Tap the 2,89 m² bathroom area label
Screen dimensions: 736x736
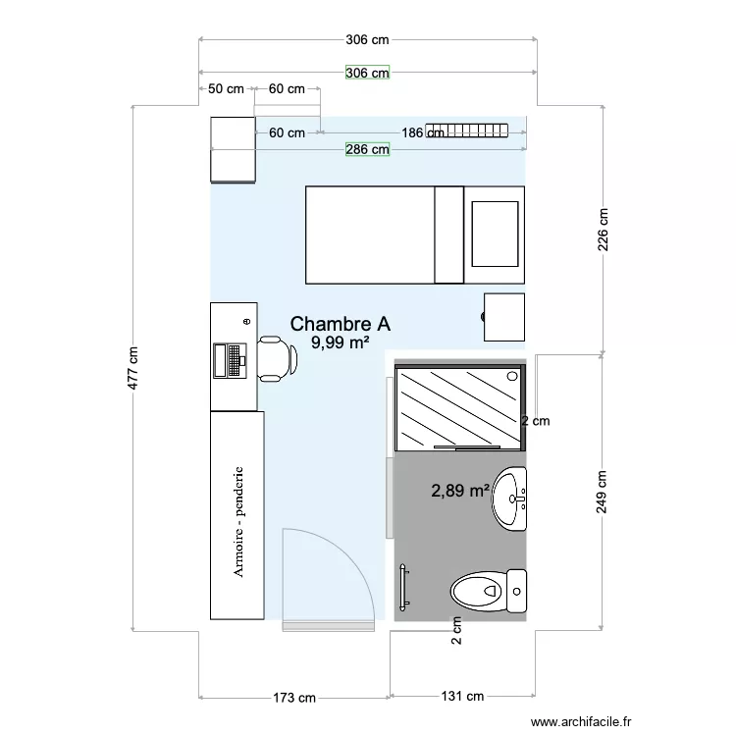pyautogui.click(x=460, y=490)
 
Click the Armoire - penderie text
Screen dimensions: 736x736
pyautogui.click(x=238, y=520)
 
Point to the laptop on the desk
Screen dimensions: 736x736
pyautogui.click(x=230, y=359)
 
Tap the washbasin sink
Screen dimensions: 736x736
pyautogui.click(x=510, y=499)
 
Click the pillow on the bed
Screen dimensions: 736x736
pyautogui.click(x=495, y=234)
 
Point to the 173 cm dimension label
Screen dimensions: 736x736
pyautogui.click(x=294, y=698)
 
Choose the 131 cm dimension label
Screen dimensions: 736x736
pyautogui.click(x=462, y=698)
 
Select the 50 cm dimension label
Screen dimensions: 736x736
pyautogui.click(x=226, y=89)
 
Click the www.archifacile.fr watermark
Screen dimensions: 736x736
pyautogui.click(x=580, y=721)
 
